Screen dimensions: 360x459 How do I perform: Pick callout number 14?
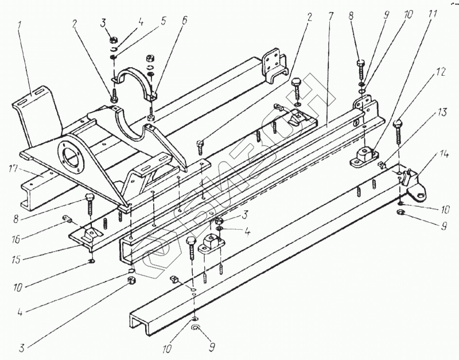click(445, 154)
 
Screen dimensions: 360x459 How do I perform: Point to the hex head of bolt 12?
click(397, 123)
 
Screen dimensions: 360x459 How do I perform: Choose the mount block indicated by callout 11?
click(365, 156)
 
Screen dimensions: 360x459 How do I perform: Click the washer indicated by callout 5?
click(114, 56)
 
